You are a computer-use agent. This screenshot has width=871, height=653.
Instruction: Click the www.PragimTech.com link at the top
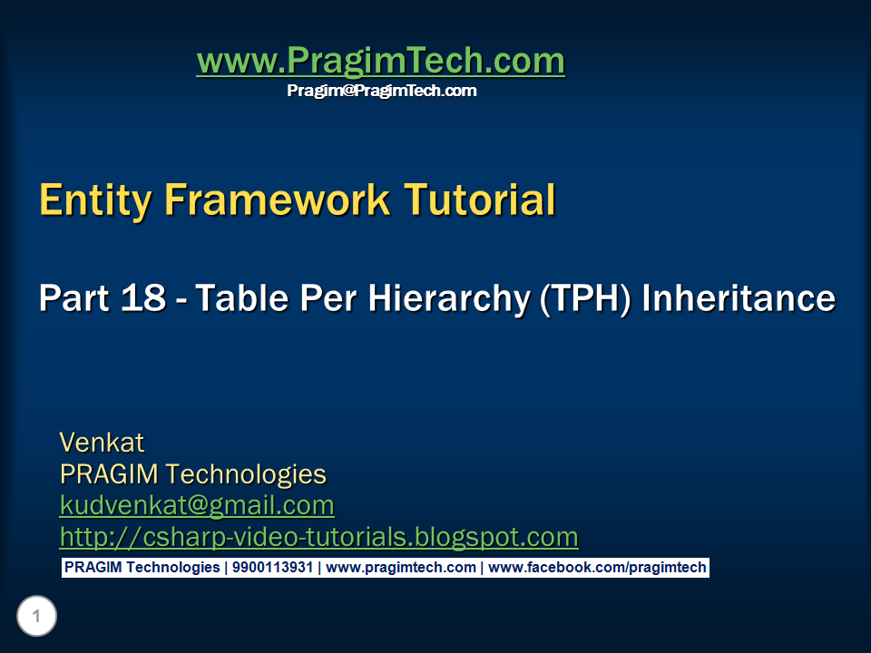(380, 61)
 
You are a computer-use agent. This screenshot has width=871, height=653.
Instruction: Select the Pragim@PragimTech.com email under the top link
(382, 91)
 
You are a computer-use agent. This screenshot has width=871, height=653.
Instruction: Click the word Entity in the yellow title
(95, 200)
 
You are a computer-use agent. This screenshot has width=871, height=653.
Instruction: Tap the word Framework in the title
(277, 200)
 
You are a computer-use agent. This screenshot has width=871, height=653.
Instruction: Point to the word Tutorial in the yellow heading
(479, 200)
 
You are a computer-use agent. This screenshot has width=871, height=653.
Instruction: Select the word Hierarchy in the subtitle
(449, 299)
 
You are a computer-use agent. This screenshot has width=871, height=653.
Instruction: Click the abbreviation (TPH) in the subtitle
(585, 299)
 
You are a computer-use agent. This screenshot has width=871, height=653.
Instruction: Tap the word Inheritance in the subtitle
(739, 297)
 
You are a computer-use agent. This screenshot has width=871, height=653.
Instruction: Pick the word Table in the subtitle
(241, 297)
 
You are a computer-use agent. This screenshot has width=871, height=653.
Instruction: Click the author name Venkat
(102, 443)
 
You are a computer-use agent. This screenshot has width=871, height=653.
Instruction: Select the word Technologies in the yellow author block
(246, 475)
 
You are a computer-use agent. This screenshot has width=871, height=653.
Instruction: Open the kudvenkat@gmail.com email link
(197, 506)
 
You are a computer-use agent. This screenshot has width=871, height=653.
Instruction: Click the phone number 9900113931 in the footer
(273, 568)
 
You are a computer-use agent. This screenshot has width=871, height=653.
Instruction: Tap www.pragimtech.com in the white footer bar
(401, 568)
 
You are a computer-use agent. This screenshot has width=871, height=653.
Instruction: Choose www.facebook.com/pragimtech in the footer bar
(597, 568)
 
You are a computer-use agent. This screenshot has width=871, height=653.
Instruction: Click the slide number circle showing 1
(36, 616)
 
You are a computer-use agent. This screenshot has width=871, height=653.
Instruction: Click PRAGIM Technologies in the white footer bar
(142, 568)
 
